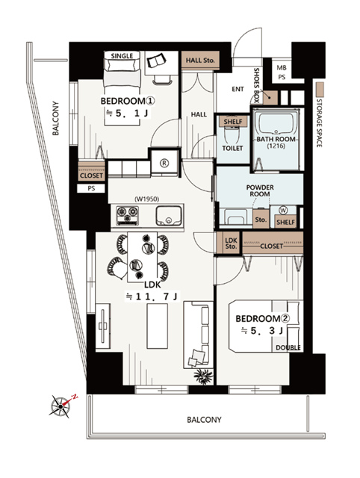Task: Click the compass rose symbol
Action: [60, 406]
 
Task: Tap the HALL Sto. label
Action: [200, 60]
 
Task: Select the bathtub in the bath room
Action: [277, 122]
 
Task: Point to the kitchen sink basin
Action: [169, 216]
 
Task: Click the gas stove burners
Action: [128, 214]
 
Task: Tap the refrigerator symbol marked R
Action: [164, 163]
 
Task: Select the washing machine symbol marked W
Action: [283, 211]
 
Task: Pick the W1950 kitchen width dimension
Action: [146, 199]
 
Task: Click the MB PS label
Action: [282, 72]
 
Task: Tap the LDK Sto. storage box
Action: [231, 243]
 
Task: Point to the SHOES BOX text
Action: [256, 85]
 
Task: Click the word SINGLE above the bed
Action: [122, 56]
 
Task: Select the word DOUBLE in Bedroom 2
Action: [288, 347]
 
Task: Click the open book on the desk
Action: [157, 60]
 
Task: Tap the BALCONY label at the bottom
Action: [204, 420]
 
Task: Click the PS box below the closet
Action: [91, 188]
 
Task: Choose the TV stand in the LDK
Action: [103, 326]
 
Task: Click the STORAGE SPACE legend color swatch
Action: [320, 90]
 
